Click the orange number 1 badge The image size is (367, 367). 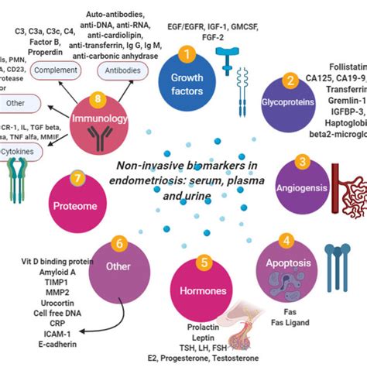184,53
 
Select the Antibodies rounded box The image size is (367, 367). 122,91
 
